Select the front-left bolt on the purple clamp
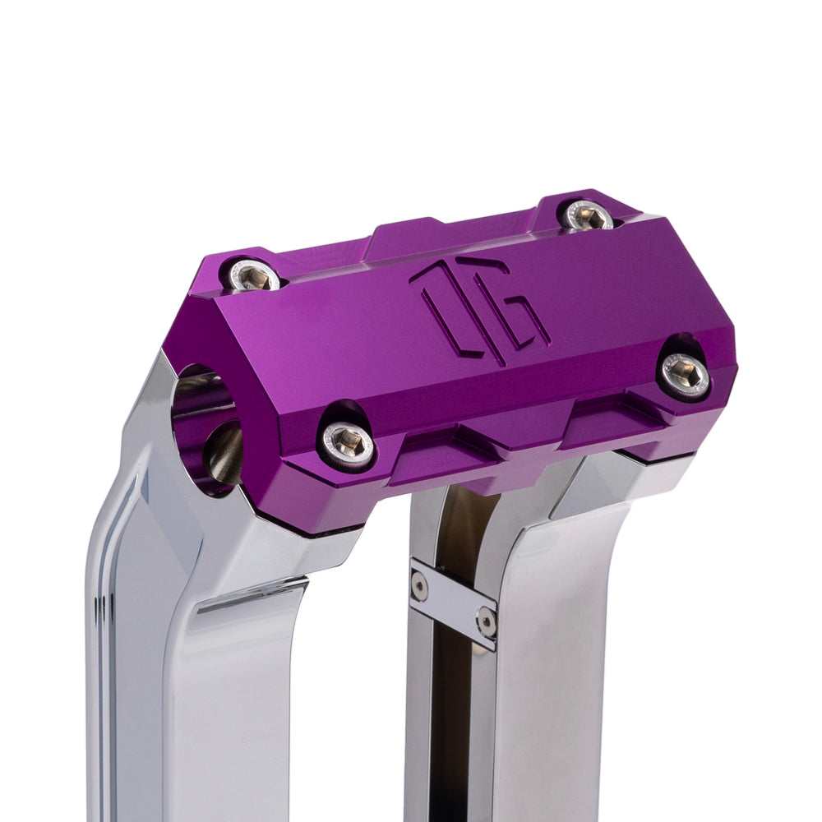pos(349,442)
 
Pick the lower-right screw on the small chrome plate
pos(486,623)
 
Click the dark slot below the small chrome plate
pos(452,723)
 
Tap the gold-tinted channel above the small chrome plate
pos(464,526)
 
